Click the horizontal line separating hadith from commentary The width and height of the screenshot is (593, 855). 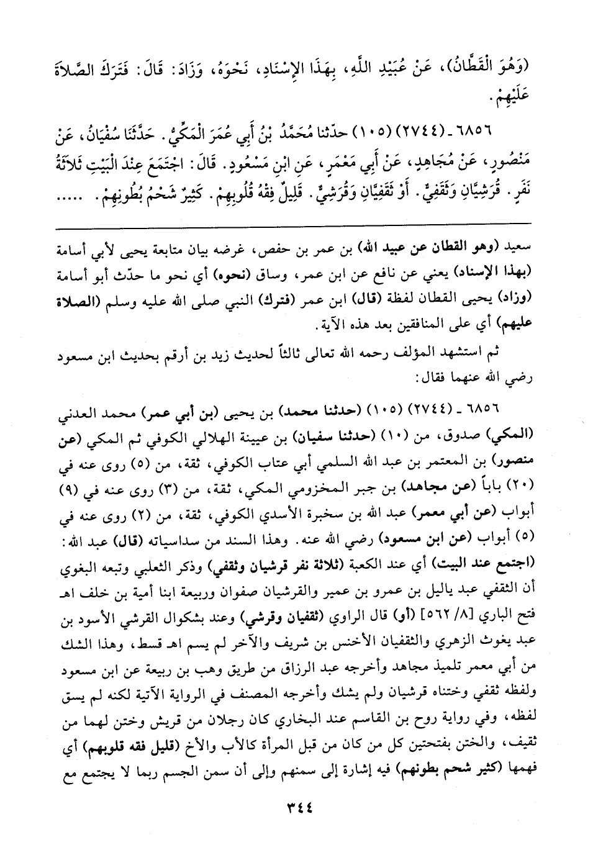(297, 223)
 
